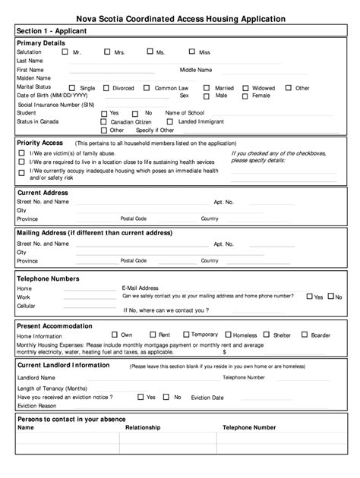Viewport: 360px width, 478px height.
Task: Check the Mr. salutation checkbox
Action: [x=65, y=52]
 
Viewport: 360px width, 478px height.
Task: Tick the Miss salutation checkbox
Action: [x=191, y=52]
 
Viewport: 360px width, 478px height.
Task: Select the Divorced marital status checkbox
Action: [x=106, y=88]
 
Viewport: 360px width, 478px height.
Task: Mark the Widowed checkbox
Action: [x=245, y=88]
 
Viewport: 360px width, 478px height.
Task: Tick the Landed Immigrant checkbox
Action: [x=172, y=121]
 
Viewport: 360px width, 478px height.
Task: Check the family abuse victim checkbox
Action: [x=22, y=153]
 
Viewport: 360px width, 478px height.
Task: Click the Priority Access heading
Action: [x=39, y=142]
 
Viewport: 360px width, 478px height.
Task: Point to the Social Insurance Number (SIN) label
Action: [x=50, y=105]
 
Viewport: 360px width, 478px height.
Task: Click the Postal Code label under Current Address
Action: [x=134, y=219]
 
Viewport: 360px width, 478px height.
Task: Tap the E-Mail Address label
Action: [x=140, y=288]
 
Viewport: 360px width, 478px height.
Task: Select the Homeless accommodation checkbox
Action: [x=228, y=335]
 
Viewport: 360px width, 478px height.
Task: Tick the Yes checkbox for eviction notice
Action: [x=139, y=397]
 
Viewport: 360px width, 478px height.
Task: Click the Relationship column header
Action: [x=143, y=427]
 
